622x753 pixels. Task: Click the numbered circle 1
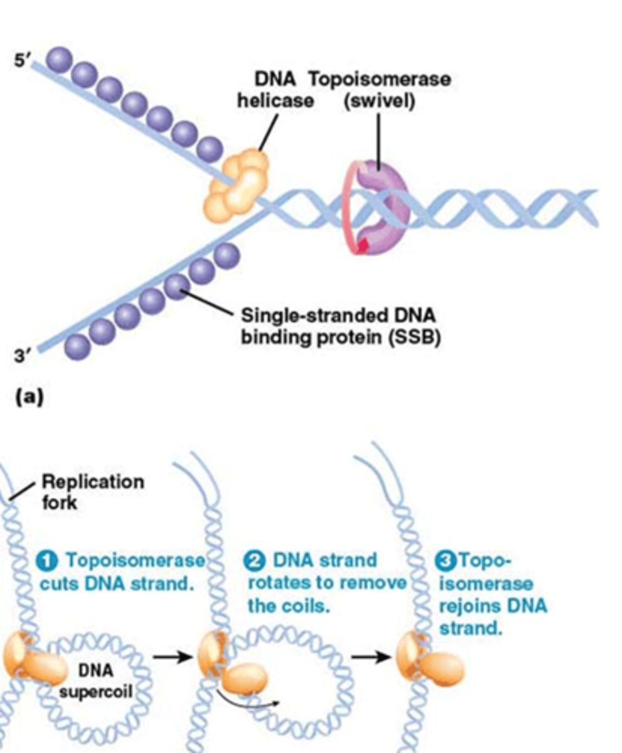[x=53, y=560]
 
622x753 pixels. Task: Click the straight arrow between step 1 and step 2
[x=171, y=658]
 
